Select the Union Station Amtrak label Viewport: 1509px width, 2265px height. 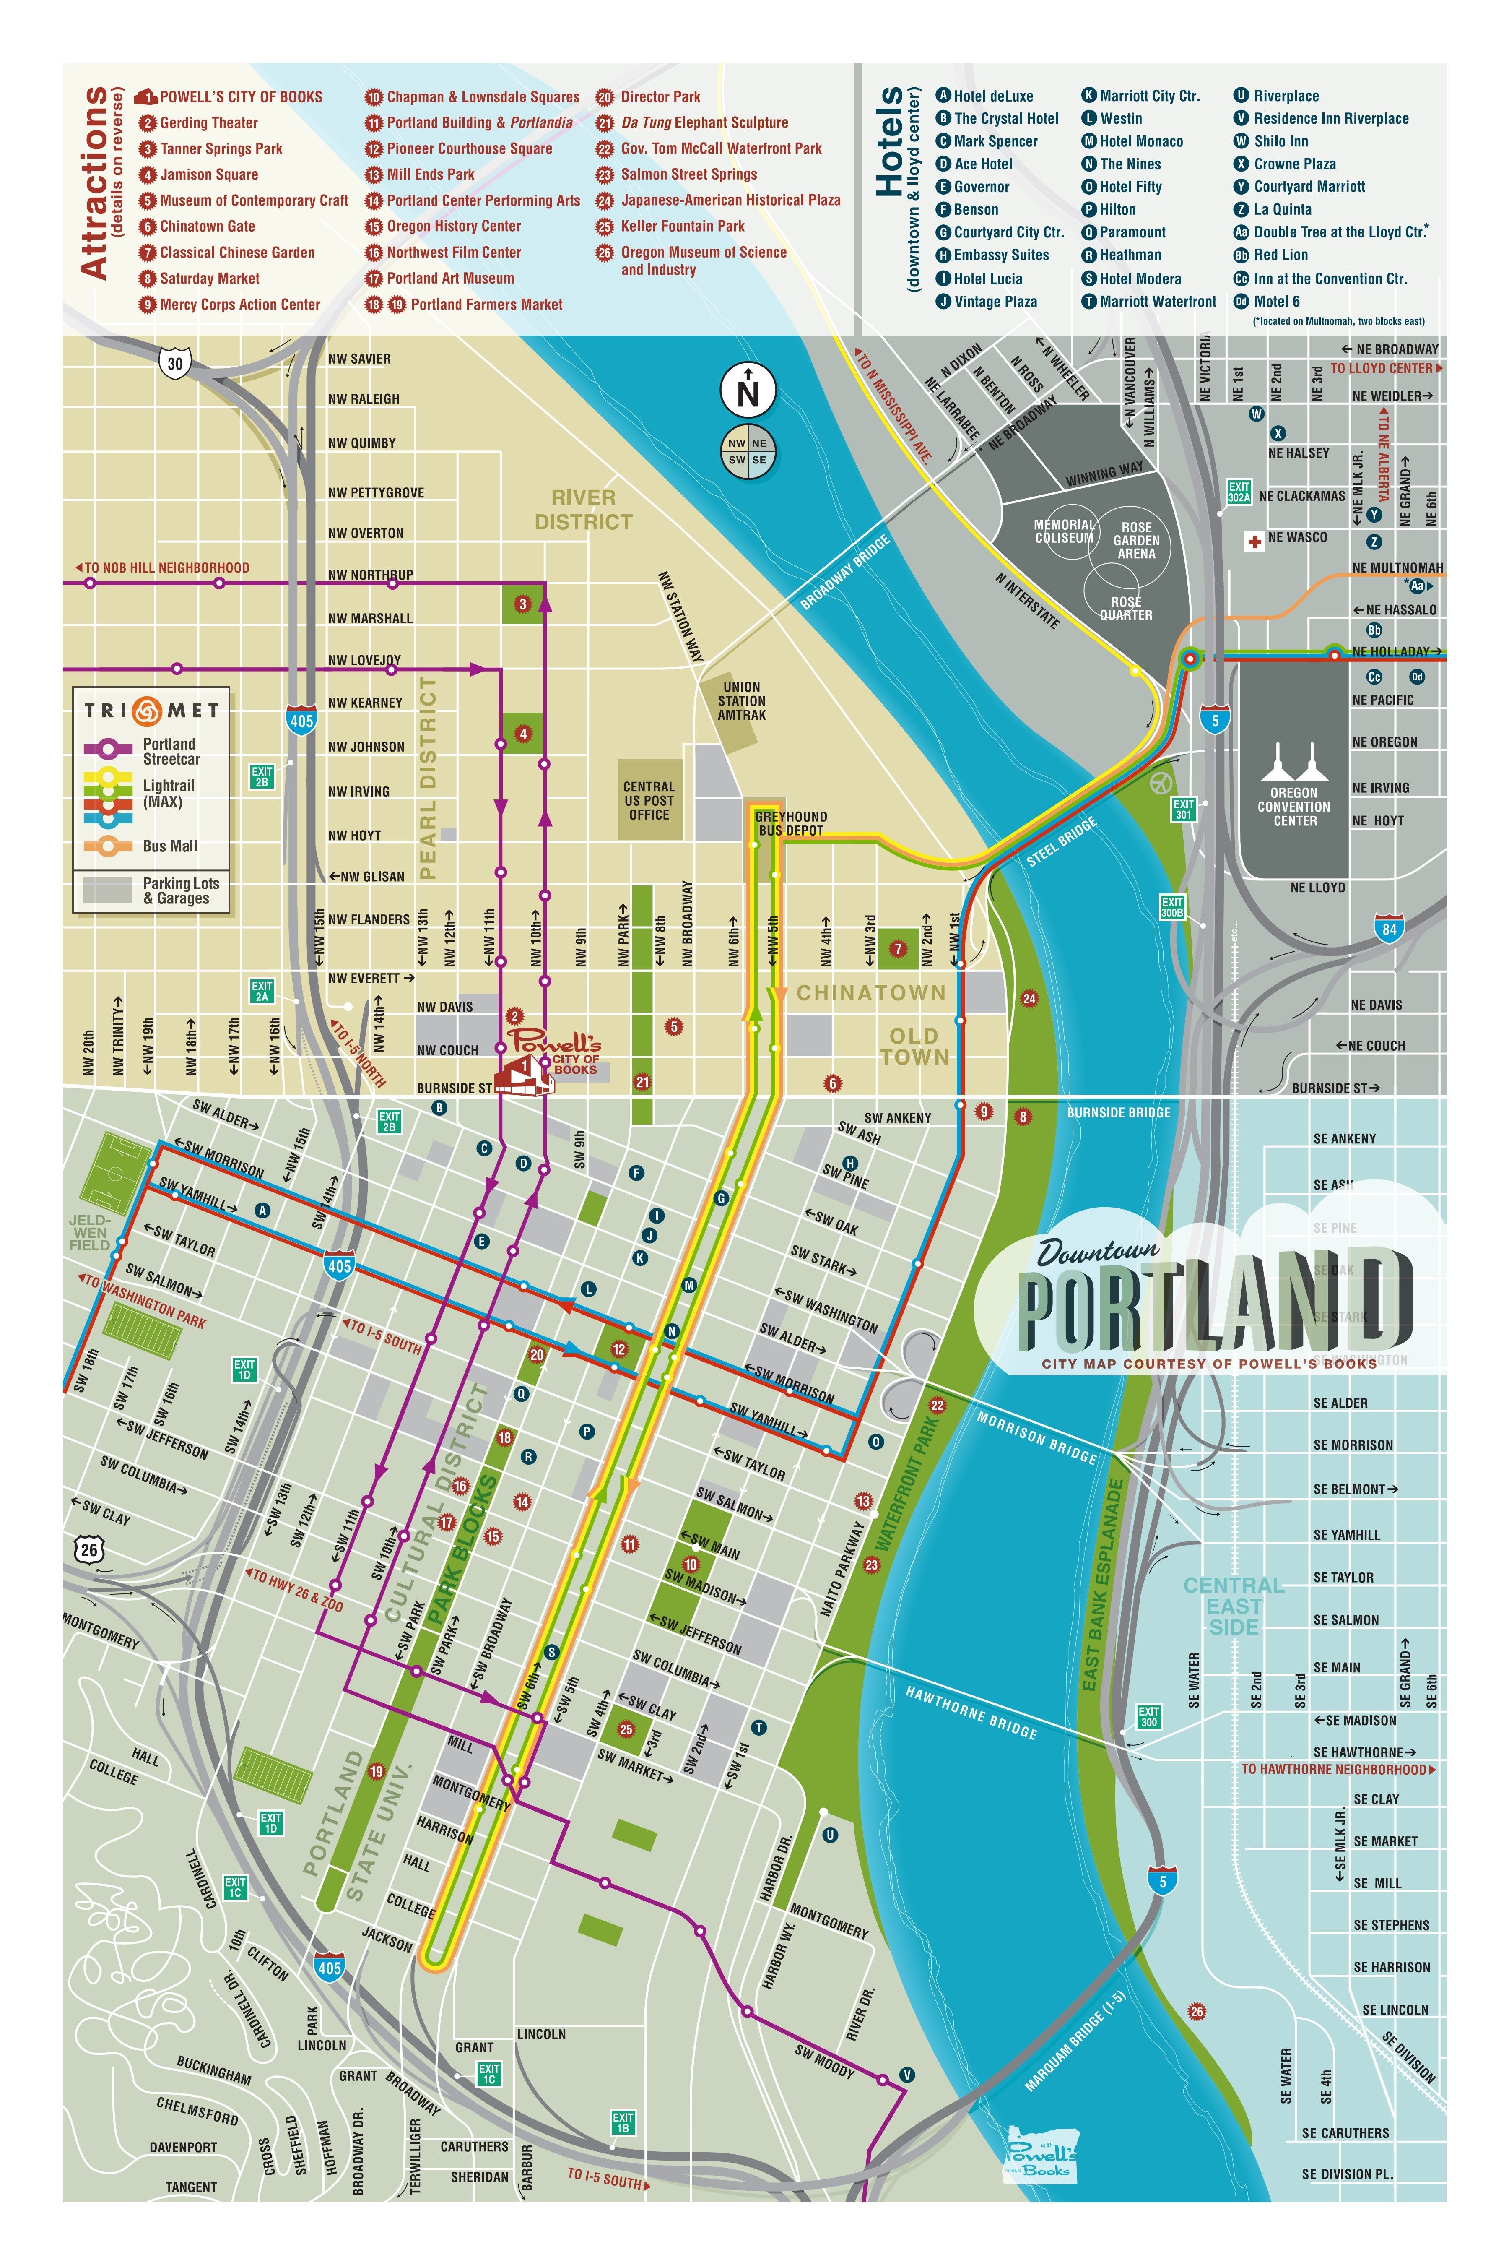tap(742, 701)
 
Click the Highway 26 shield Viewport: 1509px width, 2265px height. tap(89, 1549)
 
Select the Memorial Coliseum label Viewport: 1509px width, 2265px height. tap(1063, 531)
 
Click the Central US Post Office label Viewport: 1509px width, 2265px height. tap(649, 800)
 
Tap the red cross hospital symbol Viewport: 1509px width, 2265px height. tap(1254, 541)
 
